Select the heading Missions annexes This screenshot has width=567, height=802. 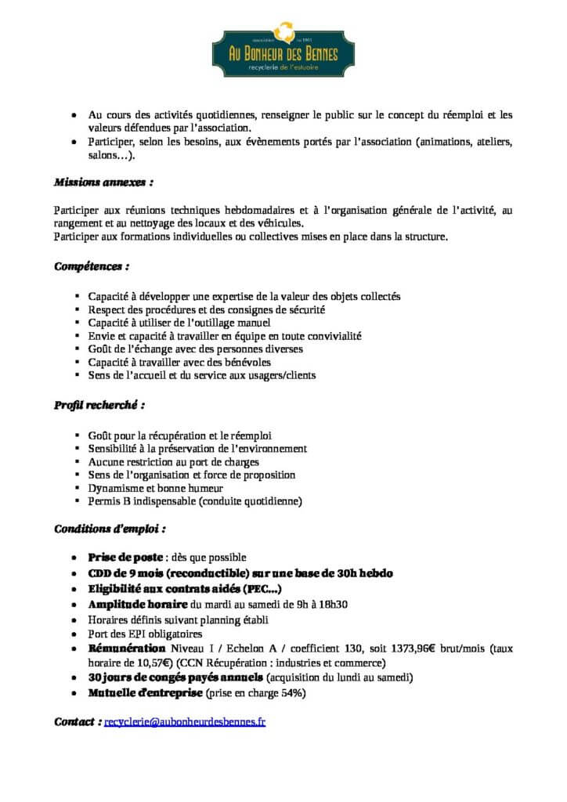[103, 182]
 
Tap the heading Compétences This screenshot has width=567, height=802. [91, 266]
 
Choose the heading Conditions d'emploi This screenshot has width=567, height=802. [109, 529]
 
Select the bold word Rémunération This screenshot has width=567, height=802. [125, 648]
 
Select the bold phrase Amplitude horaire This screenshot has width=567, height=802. [137, 605]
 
